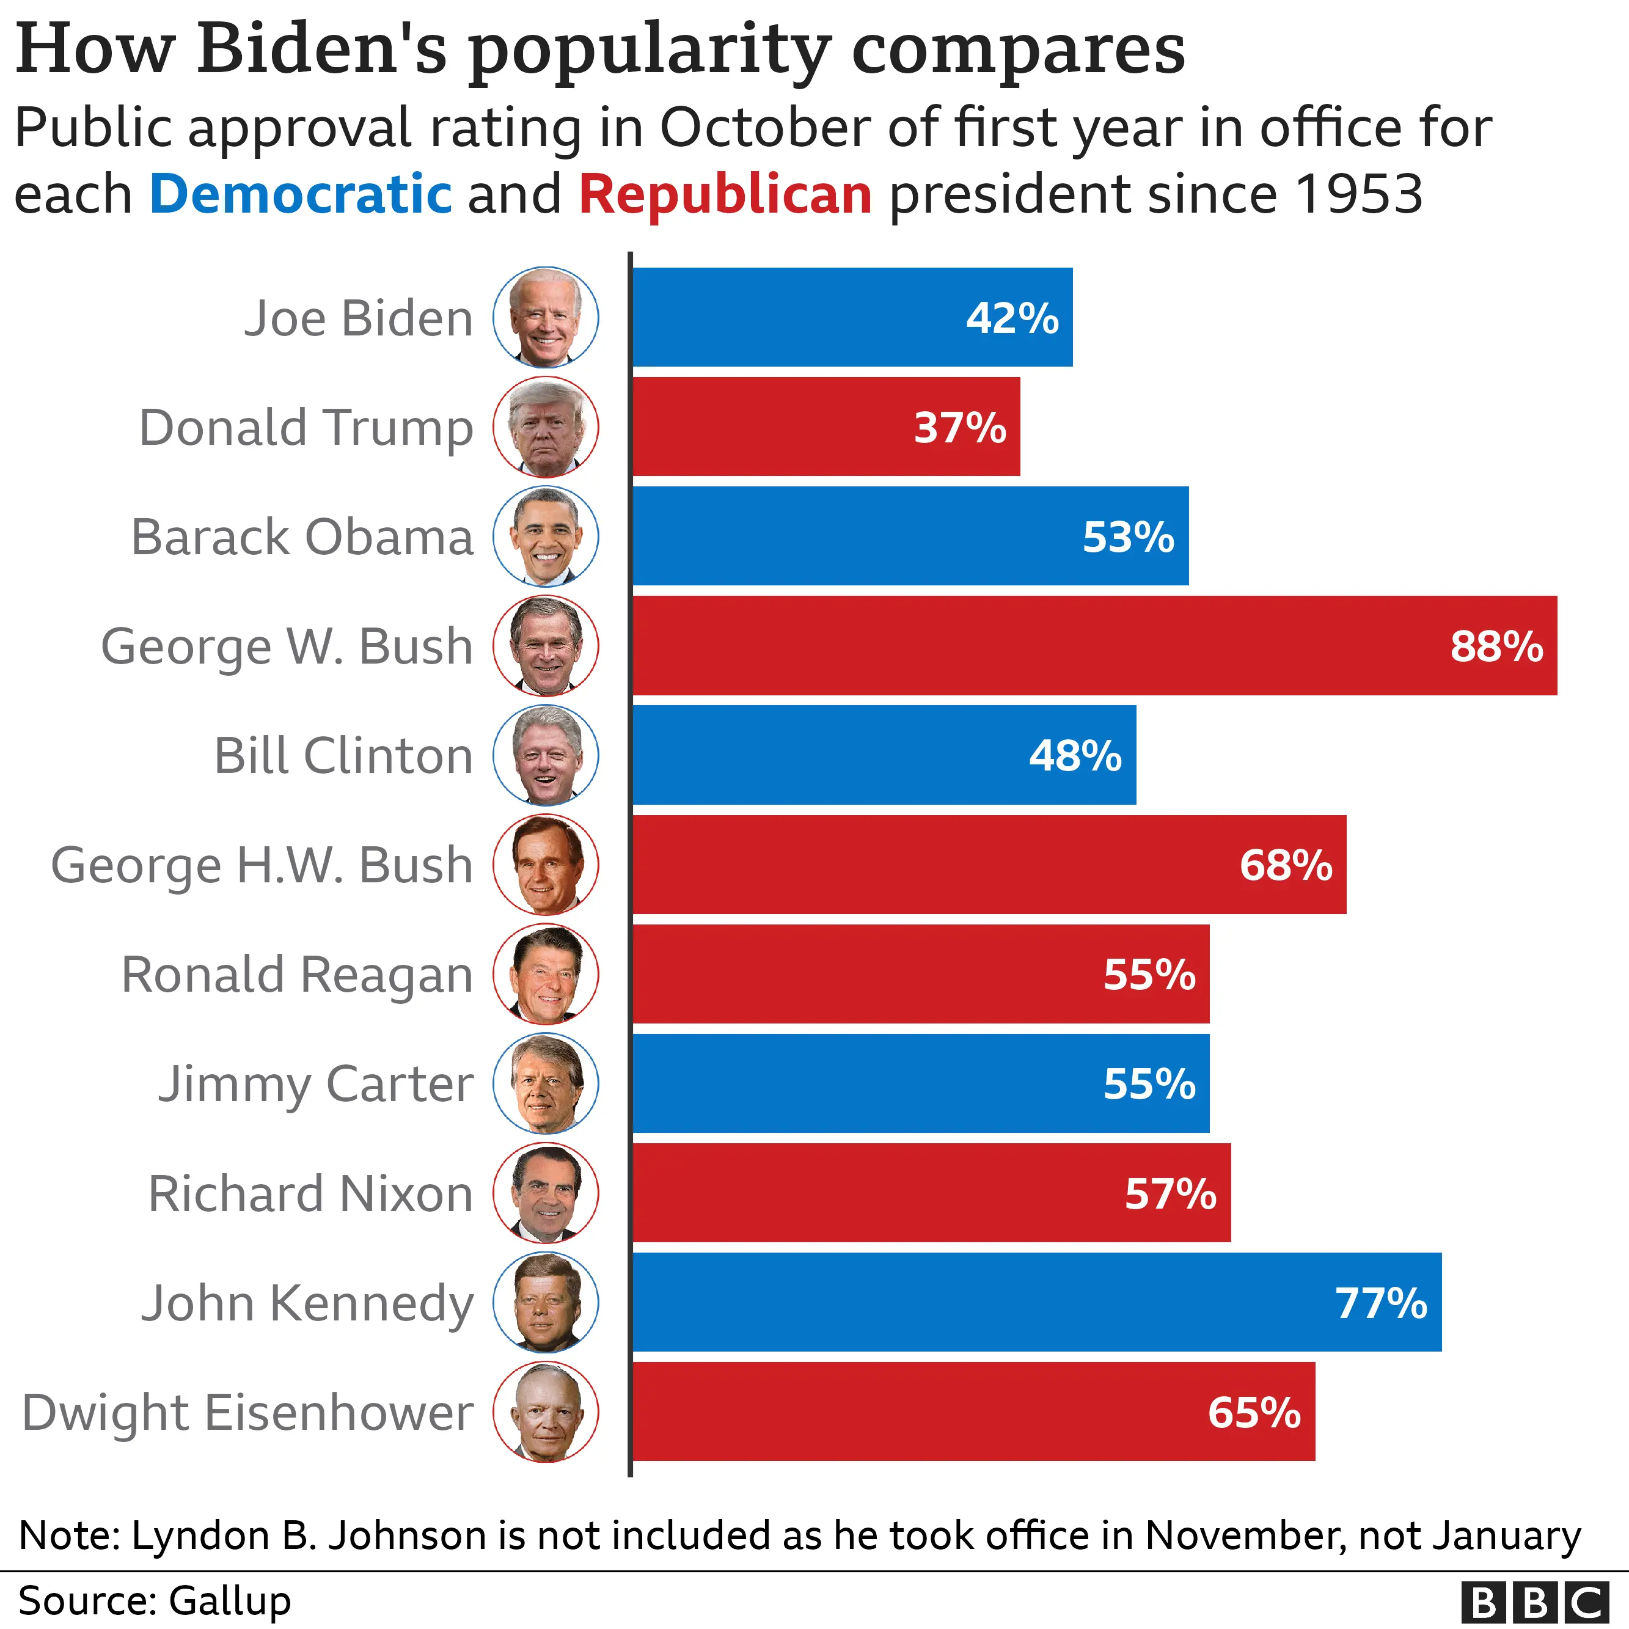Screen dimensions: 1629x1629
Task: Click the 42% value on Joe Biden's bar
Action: [1012, 319]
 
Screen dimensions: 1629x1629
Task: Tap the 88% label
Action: [1496, 646]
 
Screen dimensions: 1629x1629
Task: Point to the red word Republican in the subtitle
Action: [725, 194]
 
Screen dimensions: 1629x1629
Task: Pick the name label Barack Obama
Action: [302, 537]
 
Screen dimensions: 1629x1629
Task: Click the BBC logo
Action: [1533, 1600]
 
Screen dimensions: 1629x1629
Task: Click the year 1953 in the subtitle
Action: [1359, 194]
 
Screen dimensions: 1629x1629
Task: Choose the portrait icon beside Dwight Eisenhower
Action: [546, 1412]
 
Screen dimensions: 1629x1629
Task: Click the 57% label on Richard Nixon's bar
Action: [1170, 1194]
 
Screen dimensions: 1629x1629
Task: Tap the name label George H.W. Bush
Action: [262, 865]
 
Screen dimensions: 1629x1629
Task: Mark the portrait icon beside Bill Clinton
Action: [546, 755]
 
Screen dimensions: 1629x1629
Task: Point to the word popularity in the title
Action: [650, 51]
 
